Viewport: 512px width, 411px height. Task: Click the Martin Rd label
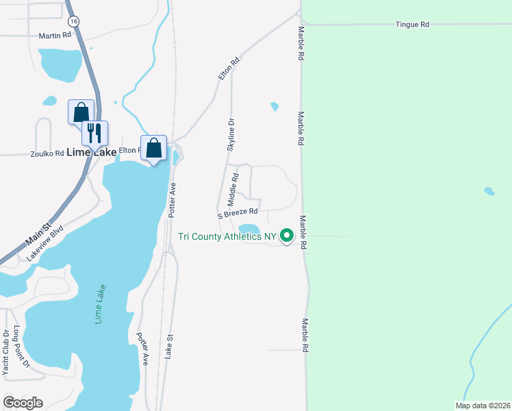click(x=55, y=35)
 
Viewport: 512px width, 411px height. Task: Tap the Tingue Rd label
click(x=412, y=24)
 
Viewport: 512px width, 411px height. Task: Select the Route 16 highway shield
click(x=74, y=22)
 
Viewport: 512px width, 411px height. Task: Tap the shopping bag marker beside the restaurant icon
click(x=81, y=111)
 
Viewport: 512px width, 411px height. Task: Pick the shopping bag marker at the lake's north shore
click(x=154, y=147)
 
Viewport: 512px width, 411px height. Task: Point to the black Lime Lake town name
click(x=91, y=153)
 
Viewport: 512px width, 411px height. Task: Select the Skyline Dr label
click(x=231, y=135)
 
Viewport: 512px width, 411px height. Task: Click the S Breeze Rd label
click(x=238, y=213)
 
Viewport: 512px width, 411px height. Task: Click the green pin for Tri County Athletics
click(x=287, y=236)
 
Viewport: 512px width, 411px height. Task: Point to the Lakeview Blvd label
click(x=45, y=242)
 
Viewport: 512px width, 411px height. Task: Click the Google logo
click(x=23, y=403)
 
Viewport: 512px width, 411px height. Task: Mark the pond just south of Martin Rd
click(x=60, y=64)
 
